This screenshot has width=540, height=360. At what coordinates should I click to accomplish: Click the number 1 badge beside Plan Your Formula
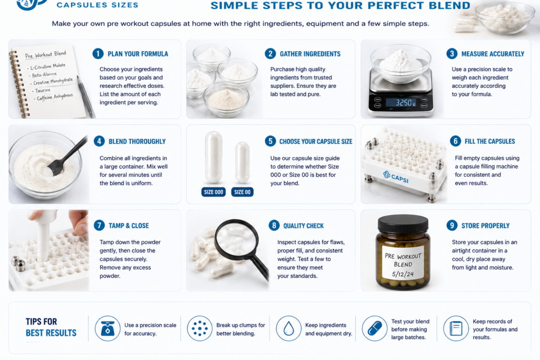coord(98,54)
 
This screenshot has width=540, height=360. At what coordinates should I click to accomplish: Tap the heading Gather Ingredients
coord(310,54)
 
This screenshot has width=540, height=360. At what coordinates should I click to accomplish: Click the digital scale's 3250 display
coord(401,103)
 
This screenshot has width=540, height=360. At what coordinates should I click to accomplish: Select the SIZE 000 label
coord(214,192)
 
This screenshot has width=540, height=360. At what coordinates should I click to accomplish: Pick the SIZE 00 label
coord(243,192)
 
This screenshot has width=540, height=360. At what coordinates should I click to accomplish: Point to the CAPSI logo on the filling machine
coord(396,177)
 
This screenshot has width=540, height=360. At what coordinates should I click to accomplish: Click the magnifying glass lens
coord(236,237)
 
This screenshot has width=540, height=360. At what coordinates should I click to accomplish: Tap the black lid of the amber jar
coord(403,224)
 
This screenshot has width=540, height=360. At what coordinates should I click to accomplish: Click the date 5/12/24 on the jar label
coord(403,274)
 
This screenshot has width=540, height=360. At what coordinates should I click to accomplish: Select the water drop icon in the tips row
coord(288,329)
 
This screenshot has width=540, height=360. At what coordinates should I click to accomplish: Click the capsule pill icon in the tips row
coord(375,329)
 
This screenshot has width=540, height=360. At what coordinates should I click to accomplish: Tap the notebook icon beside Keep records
coord(456,329)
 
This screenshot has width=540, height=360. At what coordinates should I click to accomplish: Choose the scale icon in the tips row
coord(108,329)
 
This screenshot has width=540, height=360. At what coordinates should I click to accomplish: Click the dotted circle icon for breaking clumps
coord(200,329)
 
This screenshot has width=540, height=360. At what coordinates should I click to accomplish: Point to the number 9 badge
coord(452,226)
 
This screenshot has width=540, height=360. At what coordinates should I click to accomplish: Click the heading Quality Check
coord(303,226)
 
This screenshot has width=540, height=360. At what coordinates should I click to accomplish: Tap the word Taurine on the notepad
coord(43,91)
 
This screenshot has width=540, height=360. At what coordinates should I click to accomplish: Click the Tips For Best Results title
coord(51,327)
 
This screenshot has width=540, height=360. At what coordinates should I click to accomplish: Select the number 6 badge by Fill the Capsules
coord(455,141)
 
